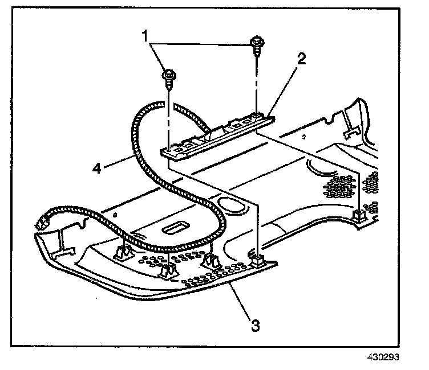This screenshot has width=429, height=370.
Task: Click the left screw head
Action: tap(168, 75)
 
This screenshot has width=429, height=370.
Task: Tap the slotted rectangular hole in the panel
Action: tap(172, 229)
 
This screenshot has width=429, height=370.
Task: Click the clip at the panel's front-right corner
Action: tap(257, 261)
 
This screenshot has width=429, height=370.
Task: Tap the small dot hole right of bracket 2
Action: tap(305, 137)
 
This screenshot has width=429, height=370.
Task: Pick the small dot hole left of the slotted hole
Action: tap(115, 216)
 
